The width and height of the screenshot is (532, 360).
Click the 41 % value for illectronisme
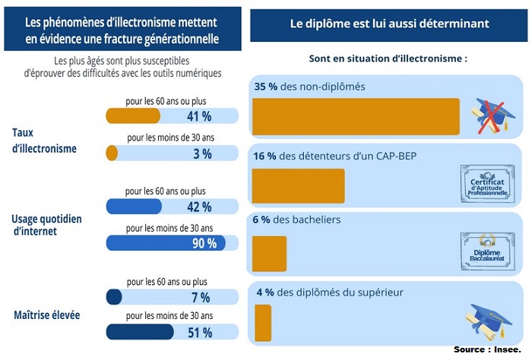click(x=198, y=116)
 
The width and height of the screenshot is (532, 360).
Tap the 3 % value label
click(x=201, y=153)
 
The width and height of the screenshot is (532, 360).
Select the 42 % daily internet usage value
click(x=198, y=207)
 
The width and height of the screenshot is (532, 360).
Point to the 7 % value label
click(x=201, y=297)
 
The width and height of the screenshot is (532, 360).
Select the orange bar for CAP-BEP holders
click(x=297, y=185)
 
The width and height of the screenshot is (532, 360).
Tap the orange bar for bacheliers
click(x=268, y=254)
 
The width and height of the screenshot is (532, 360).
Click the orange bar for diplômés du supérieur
click(x=261, y=323)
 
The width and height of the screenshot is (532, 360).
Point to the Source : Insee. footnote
click(x=490, y=349)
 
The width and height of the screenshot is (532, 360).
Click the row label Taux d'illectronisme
click(x=44, y=141)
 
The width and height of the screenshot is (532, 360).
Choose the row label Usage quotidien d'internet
click(x=46, y=226)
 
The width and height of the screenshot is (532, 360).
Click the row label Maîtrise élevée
click(x=47, y=314)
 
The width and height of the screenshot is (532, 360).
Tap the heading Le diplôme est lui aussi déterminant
click(x=389, y=24)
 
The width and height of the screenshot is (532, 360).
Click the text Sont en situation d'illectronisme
click(x=388, y=58)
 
